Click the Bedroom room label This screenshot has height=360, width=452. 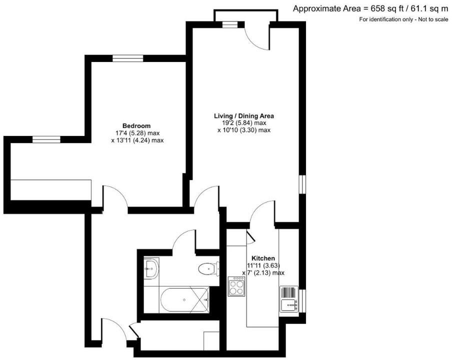[x=136, y=125]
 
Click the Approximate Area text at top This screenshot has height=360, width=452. [x=370, y=8]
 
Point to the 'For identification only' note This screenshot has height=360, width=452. [x=403, y=19]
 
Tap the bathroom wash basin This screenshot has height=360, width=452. [x=150, y=268]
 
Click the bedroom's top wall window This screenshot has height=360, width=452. [x=127, y=58]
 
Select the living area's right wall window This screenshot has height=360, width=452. [x=301, y=183]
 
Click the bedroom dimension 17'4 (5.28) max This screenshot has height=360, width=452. [x=136, y=133]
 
